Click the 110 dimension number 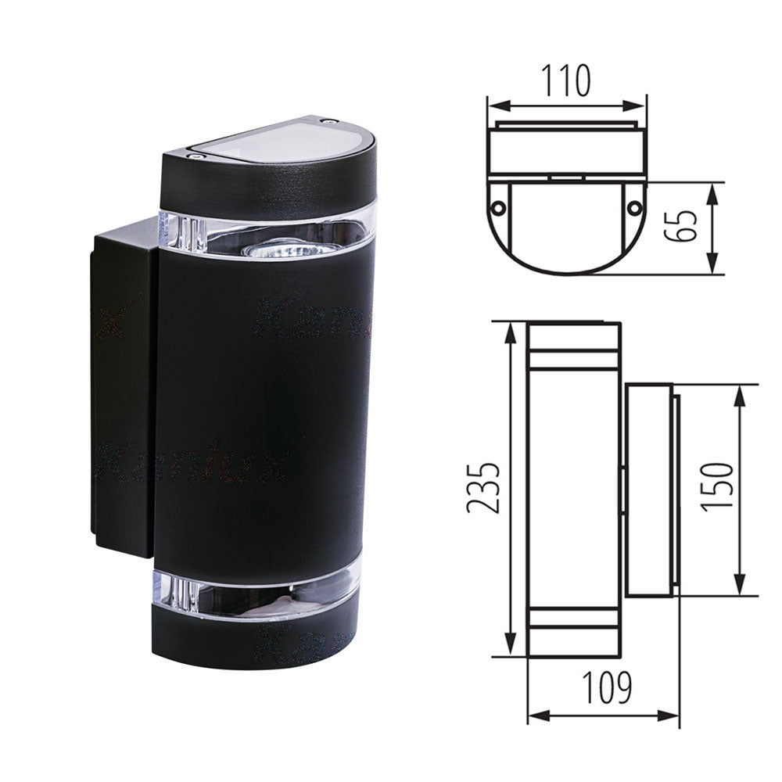point(567,81)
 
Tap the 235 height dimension point(483,487)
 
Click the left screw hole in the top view point(497,207)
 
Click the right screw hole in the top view point(635,207)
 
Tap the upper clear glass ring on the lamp point(266,231)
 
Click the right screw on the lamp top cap point(328,122)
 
